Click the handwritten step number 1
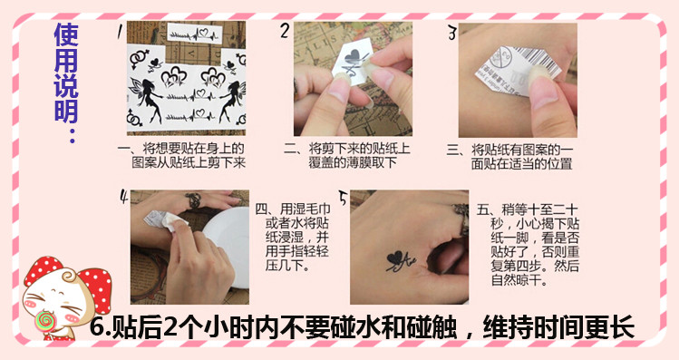[x=119, y=33]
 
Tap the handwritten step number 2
[x=285, y=31]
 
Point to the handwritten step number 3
[x=452, y=33]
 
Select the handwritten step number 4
[x=124, y=197]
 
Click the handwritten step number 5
[x=344, y=199]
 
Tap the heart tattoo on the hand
[x=395, y=258]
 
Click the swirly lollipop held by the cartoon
[x=44, y=321]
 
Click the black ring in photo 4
[x=192, y=201]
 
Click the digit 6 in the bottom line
[x=97, y=327]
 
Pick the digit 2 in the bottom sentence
[x=170, y=327]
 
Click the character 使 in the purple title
[x=66, y=35]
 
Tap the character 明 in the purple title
[x=66, y=112]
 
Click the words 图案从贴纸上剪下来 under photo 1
[x=189, y=163]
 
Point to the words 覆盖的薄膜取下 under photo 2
[x=353, y=163]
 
